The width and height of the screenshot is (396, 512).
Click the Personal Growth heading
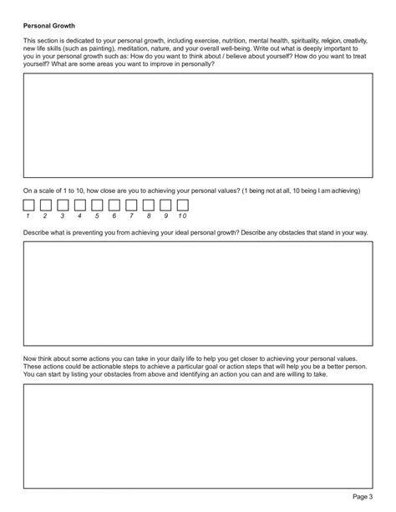point(50,25)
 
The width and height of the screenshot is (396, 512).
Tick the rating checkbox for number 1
point(29,205)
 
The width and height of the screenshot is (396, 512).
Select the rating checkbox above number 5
point(97,205)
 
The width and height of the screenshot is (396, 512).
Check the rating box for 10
point(182,205)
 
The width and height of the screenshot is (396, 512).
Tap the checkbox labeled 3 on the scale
point(63,205)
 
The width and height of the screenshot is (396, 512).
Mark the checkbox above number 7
point(131,205)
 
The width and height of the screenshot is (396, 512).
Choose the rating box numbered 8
point(148,205)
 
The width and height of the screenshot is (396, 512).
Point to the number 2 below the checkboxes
point(46,216)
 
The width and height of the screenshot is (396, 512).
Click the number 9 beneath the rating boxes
point(165,216)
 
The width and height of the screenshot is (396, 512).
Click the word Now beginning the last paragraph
point(31,357)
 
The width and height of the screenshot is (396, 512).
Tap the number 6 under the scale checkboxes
point(114,216)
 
